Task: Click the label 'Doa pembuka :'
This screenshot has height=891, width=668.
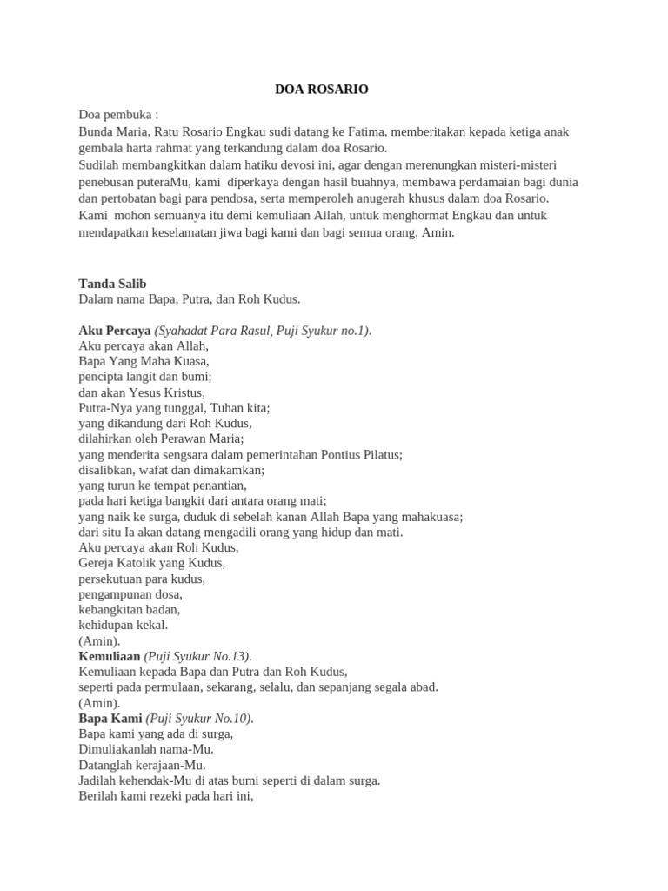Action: pyautogui.click(x=118, y=115)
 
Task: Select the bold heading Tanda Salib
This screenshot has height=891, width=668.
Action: pyautogui.click(x=112, y=284)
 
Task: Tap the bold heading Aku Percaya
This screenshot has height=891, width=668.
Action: pyautogui.click(x=115, y=331)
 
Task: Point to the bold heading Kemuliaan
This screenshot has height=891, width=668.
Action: pyautogui.click(x=110, y=656)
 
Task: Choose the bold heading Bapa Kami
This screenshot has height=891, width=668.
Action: pyautogui.click(x=110, y=719)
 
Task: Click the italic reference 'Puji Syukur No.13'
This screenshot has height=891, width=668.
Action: pyautogui.click(x=197, y=656)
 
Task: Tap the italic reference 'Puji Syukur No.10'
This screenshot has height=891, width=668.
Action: pyautogui.click(x=198, y=719)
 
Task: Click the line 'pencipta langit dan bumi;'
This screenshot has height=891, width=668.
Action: pyautogui.click(x=145, y=377)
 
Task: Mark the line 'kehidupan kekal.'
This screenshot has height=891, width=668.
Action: pyautogui.click(x=124, y=625)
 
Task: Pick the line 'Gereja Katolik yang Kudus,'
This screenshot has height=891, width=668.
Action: pyautogui.click(x=151, y=563)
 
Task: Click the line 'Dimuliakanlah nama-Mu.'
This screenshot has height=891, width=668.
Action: pyautogui.click(x=146, y=749)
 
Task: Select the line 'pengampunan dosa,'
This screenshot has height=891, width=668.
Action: pyautogui.click(x=130, y=594)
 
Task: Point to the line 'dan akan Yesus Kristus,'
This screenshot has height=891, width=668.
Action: pyautogui.click(x=142, y=392)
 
